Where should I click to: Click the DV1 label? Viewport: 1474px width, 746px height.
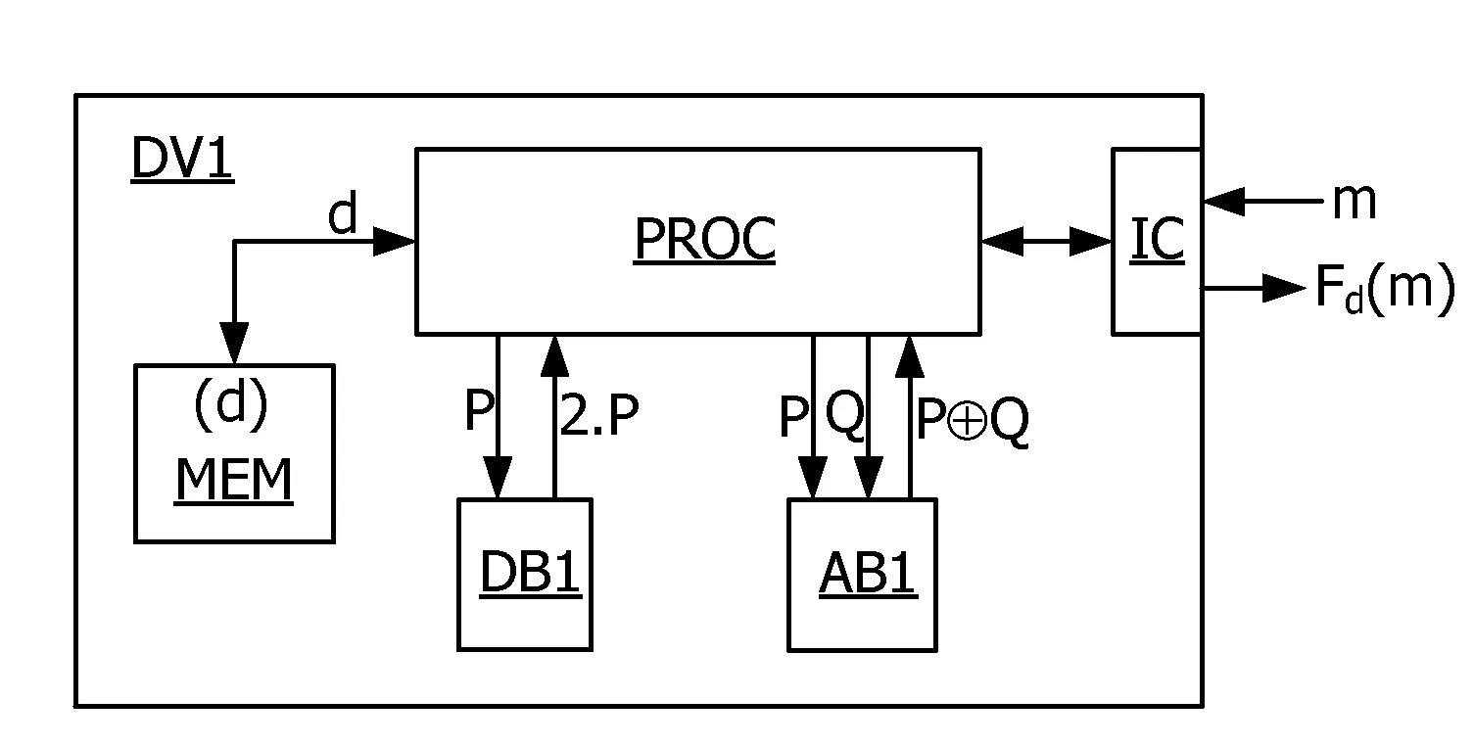coord(182,158)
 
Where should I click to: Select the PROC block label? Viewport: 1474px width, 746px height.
coord(704,239)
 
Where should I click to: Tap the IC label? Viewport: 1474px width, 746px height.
coord(1157,239)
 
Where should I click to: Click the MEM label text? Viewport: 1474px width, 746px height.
coord(234,481)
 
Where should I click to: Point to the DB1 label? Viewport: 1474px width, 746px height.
coord(531,573)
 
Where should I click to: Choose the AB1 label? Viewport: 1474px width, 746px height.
coord(868,574)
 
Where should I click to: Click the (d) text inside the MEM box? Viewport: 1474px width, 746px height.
coord(231,404)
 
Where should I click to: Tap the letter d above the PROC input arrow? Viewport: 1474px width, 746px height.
coord(343,211)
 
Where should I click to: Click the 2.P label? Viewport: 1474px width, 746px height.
coord(598,414)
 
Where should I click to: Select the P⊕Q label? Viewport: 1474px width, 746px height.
coord(972,421)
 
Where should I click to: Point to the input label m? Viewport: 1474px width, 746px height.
coord(1355,202)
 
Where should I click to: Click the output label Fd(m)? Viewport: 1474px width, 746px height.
coord(1385,288)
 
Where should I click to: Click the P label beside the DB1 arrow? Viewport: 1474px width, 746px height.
coord(478,409)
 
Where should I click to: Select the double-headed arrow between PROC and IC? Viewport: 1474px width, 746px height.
coord(1046,242)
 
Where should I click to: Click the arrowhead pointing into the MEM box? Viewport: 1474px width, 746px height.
coord(234,342)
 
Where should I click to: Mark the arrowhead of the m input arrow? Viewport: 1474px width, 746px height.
coord(1224,202)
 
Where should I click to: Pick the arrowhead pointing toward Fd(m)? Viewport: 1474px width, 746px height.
coord(1284,288)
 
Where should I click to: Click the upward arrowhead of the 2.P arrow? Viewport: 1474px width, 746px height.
coord(554,356)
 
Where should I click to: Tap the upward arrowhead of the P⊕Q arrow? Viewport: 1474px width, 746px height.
coord(910,356)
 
